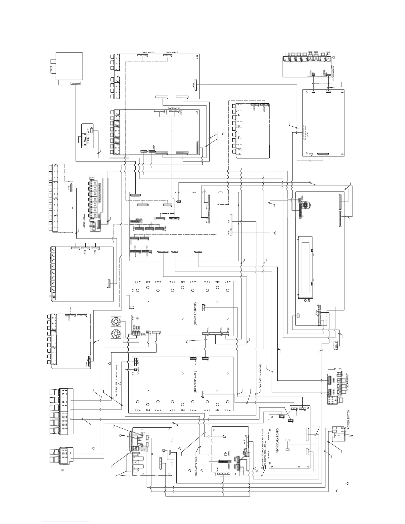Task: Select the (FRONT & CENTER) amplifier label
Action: pyautogui.click(x=196, y=315)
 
